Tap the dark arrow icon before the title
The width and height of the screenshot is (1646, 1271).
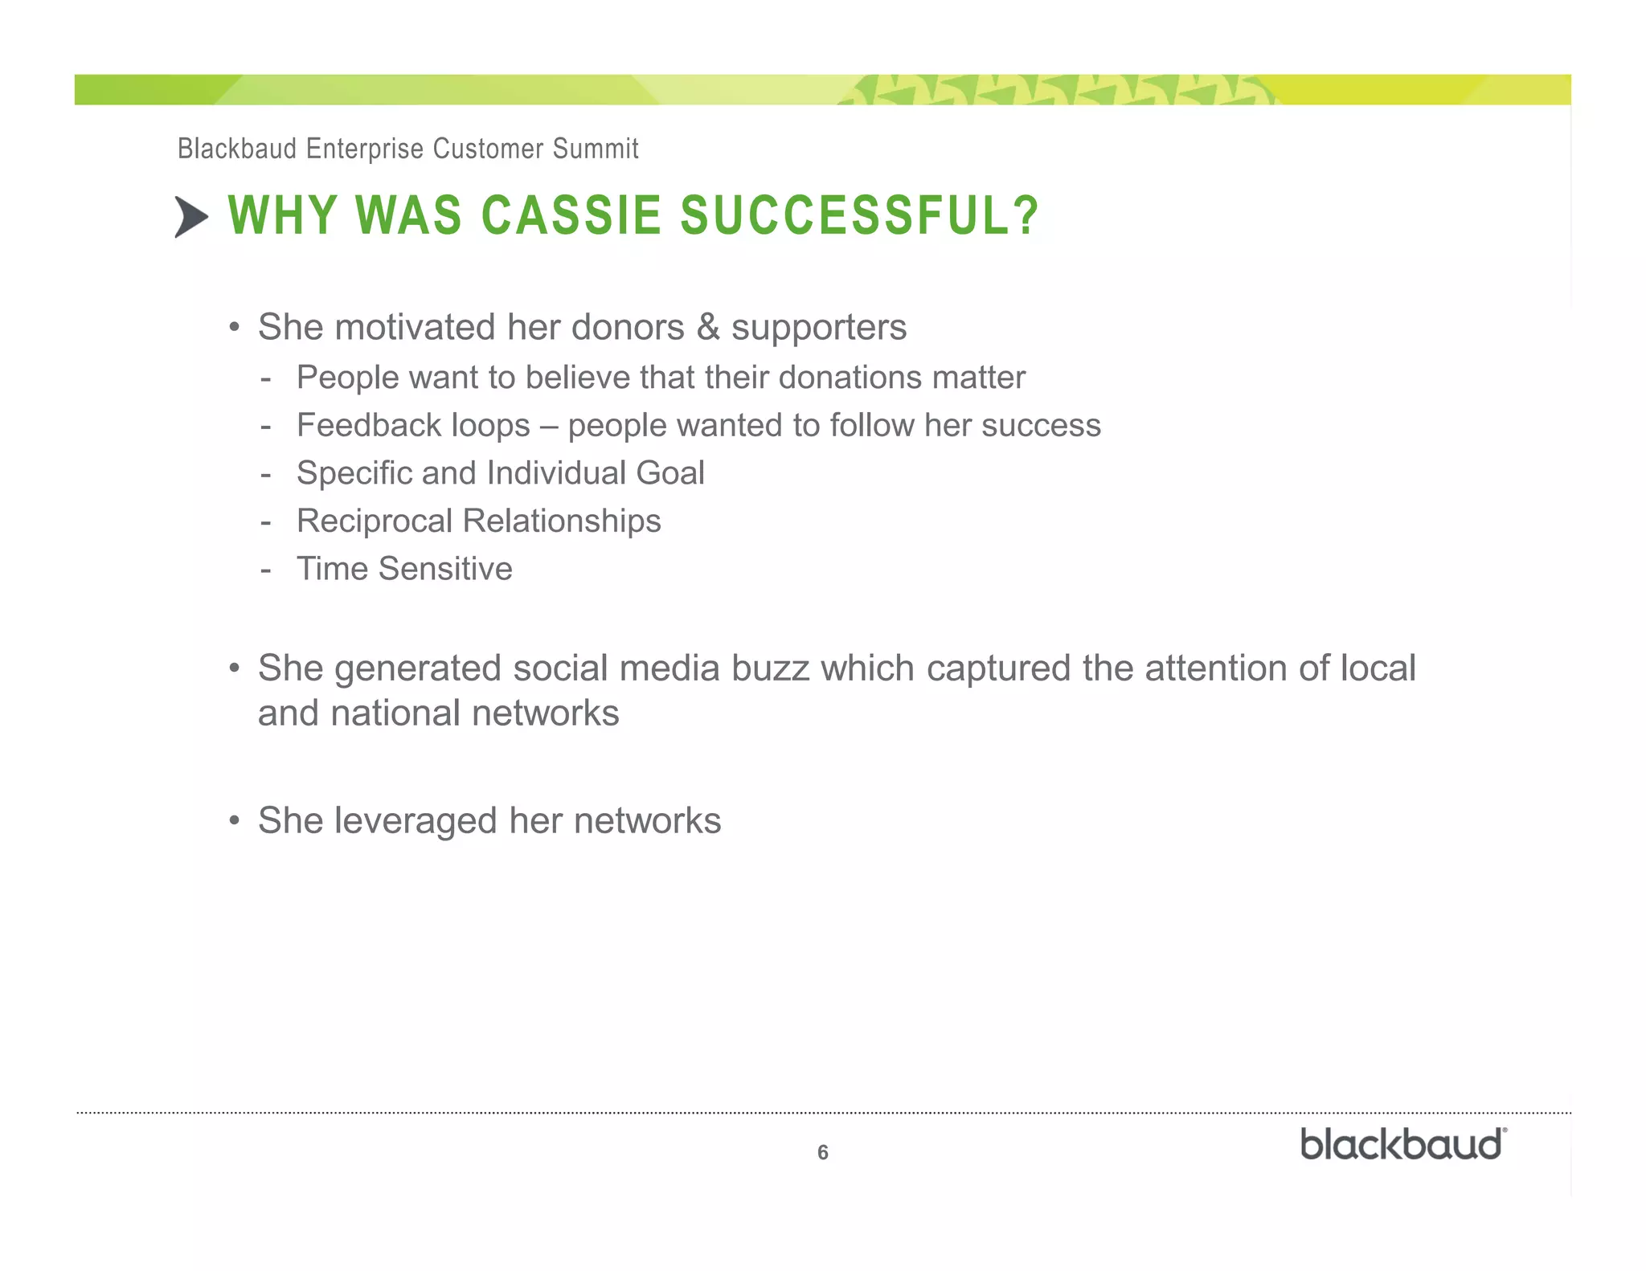pos(191,217)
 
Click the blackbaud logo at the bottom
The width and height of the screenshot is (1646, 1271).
pos(1402,1145)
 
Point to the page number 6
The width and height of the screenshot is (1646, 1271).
pos(822,1152)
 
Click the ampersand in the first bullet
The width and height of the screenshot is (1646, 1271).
pos(707,327)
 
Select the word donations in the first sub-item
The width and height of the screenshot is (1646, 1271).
pos(850,377)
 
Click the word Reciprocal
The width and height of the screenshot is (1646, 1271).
pos(375,521)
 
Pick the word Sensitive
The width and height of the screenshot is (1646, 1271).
pos(445,568)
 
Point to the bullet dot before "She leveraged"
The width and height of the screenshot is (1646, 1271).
pos(235,820)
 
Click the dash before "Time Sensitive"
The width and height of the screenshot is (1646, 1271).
pos(266,570)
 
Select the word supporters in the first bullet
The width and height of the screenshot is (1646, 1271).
pos(818,327)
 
